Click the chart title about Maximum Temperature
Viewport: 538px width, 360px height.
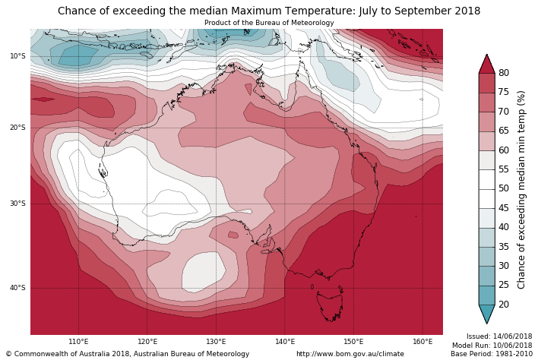pyautogui.click(x=269, y=11)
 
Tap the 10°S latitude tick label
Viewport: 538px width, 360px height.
pyautogui.click(x=17, y=56)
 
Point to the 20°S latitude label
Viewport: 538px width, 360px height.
pyautogui.click(x=17, y=128)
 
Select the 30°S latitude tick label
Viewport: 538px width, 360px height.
pyautogui.click(x=17, y=204)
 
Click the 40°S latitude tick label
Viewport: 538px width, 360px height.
pyautogui.click(x=17, y=288)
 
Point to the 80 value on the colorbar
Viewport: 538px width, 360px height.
pyautogui.click(x=504, y=73)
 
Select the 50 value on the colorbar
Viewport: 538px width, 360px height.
pyautogui.click(x=504, y=188)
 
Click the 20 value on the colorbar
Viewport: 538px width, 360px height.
pyautogui.click(x=504, y=305)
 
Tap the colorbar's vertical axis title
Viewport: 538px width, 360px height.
pyautogui.click(x=521, y=189)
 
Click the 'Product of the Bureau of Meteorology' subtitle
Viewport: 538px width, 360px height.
pyautogui.click(x=269, y=23)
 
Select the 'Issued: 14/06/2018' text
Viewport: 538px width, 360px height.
pyautogui.click(x=499, y=336)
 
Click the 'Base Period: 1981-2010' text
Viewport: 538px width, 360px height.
pyautogui.click(x=492, y=354)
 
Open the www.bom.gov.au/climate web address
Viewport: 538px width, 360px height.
pyautogui.click(x=350, y=354)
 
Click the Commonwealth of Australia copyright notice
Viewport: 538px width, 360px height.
pyautogui.click(x=128, y=354)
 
